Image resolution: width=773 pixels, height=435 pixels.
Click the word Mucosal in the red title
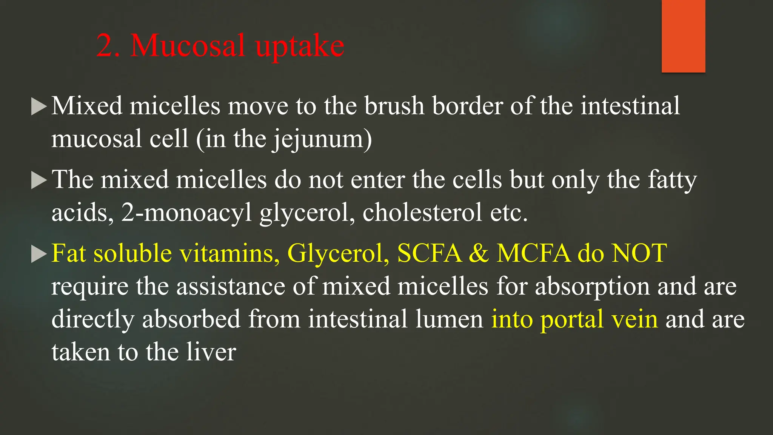(x=188, y=46)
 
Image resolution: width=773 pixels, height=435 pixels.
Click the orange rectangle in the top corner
(x=683, y=36)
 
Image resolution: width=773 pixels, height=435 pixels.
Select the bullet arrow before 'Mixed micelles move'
(x=38, y=107)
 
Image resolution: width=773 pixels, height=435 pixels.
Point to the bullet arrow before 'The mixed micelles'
(x=38, y=180)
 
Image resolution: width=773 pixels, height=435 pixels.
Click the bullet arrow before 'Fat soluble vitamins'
(x=38, y=254)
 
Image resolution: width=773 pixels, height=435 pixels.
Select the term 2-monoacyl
(x=186, y=213)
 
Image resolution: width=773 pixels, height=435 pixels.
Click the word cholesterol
(x=422, y=213)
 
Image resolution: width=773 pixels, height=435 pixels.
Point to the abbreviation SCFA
(x=429, y=253)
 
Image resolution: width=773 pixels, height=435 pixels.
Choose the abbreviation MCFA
(x=533, y=253)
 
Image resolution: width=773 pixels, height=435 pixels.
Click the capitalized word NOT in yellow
(x=639, y=253)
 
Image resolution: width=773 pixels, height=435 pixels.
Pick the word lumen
(x=449, y=319)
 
